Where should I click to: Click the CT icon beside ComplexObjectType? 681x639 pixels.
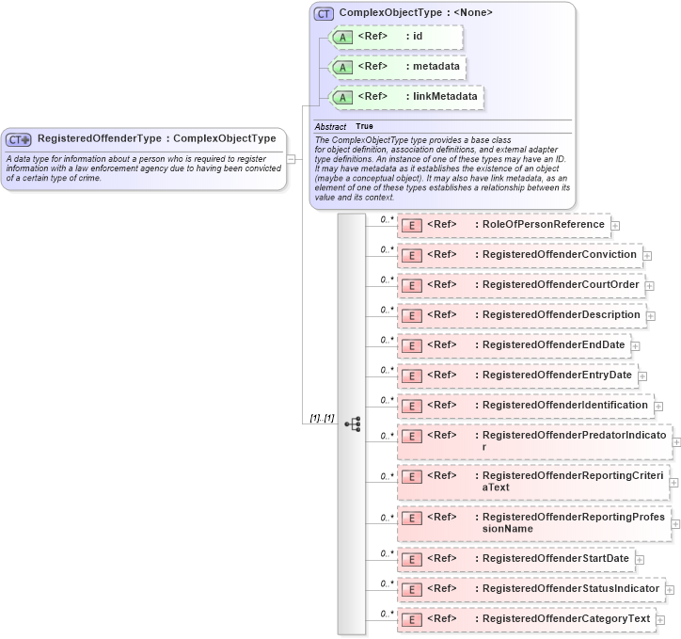pos(324,13)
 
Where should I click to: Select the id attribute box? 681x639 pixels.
pos(394,37)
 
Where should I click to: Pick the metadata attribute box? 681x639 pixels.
pos(396,67)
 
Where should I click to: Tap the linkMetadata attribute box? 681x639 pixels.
pos(405,96)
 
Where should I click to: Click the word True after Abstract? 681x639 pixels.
pos(364,126)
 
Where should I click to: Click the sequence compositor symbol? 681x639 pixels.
pos(353,424)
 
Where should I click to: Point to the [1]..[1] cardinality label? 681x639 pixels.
pos(322,418)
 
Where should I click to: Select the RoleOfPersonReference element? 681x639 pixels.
pos(503,225)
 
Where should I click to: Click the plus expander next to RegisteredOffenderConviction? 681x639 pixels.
pos(649,256)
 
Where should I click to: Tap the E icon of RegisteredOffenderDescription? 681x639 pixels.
pos(410,315)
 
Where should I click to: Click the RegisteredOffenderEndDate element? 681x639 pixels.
pos(513,345)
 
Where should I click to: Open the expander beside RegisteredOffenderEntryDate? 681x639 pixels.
pos(643,376)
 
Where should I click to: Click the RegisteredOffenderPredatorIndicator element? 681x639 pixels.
pos(533,441)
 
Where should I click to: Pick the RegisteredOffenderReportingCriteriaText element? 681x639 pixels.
pos(532,482)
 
